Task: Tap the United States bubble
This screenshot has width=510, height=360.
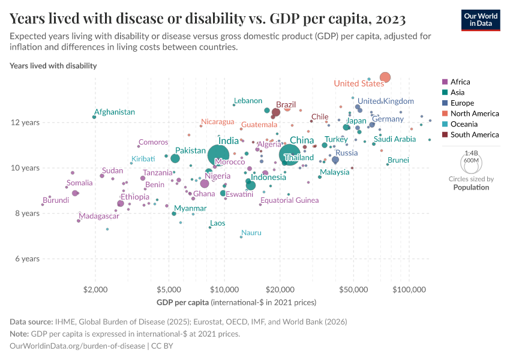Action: click(385, 77)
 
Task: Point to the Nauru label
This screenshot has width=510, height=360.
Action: click(251, 233)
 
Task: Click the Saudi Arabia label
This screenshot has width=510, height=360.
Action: click(394, 139)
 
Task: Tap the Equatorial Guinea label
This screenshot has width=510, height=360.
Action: click(289, 200)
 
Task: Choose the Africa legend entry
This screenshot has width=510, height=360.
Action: click(460, 82)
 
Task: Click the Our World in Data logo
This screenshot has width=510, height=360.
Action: click(481, 19)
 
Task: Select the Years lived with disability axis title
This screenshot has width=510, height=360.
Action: click(53, 65)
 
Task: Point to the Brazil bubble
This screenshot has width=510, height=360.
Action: click(276, 112)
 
